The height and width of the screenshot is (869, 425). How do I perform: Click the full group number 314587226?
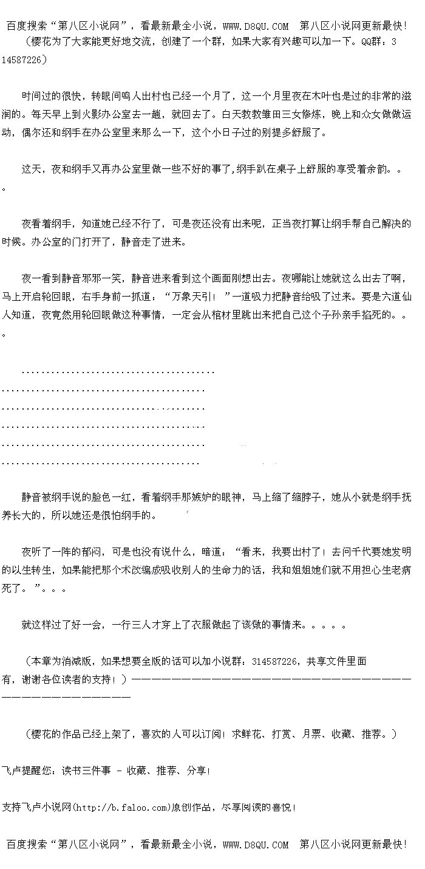pyautogui.click(x=274, y=661)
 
